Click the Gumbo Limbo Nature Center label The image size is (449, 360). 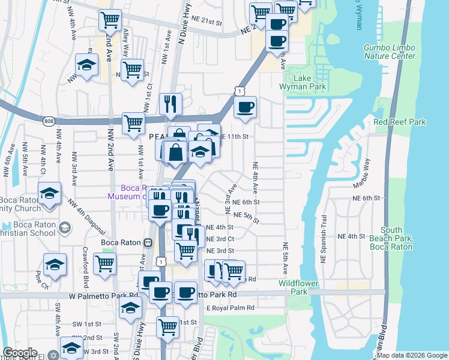389,52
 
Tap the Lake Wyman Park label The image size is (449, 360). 309,82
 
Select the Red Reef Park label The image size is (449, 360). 399,122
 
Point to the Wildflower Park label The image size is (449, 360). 294,287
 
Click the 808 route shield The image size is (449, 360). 49,121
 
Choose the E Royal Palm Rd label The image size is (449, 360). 230,308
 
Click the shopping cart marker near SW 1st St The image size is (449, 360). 167,327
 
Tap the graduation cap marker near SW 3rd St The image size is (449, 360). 71,348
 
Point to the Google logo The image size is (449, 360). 20,353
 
